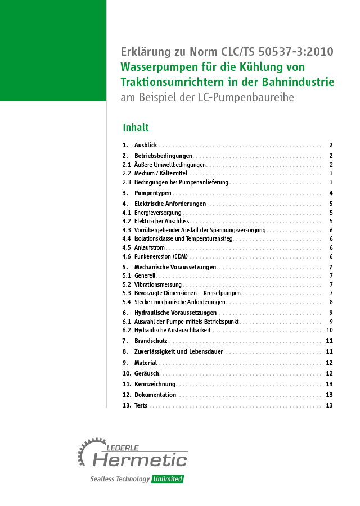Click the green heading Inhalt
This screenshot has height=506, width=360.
pos(136,127)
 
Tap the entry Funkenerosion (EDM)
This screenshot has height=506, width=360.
pos(161,256)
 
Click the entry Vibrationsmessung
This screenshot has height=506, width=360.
pos(158,284)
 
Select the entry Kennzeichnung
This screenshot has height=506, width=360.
pos(155,384)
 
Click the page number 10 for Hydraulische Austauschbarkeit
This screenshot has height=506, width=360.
pos(330,330)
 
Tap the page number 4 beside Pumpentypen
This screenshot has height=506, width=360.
pos(331,193)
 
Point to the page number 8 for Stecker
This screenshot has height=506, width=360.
pos(331,302)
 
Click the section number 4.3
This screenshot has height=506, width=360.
pos(127,230)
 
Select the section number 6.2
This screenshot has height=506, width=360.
pos(127,330)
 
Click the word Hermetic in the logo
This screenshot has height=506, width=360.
pos(139,460)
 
